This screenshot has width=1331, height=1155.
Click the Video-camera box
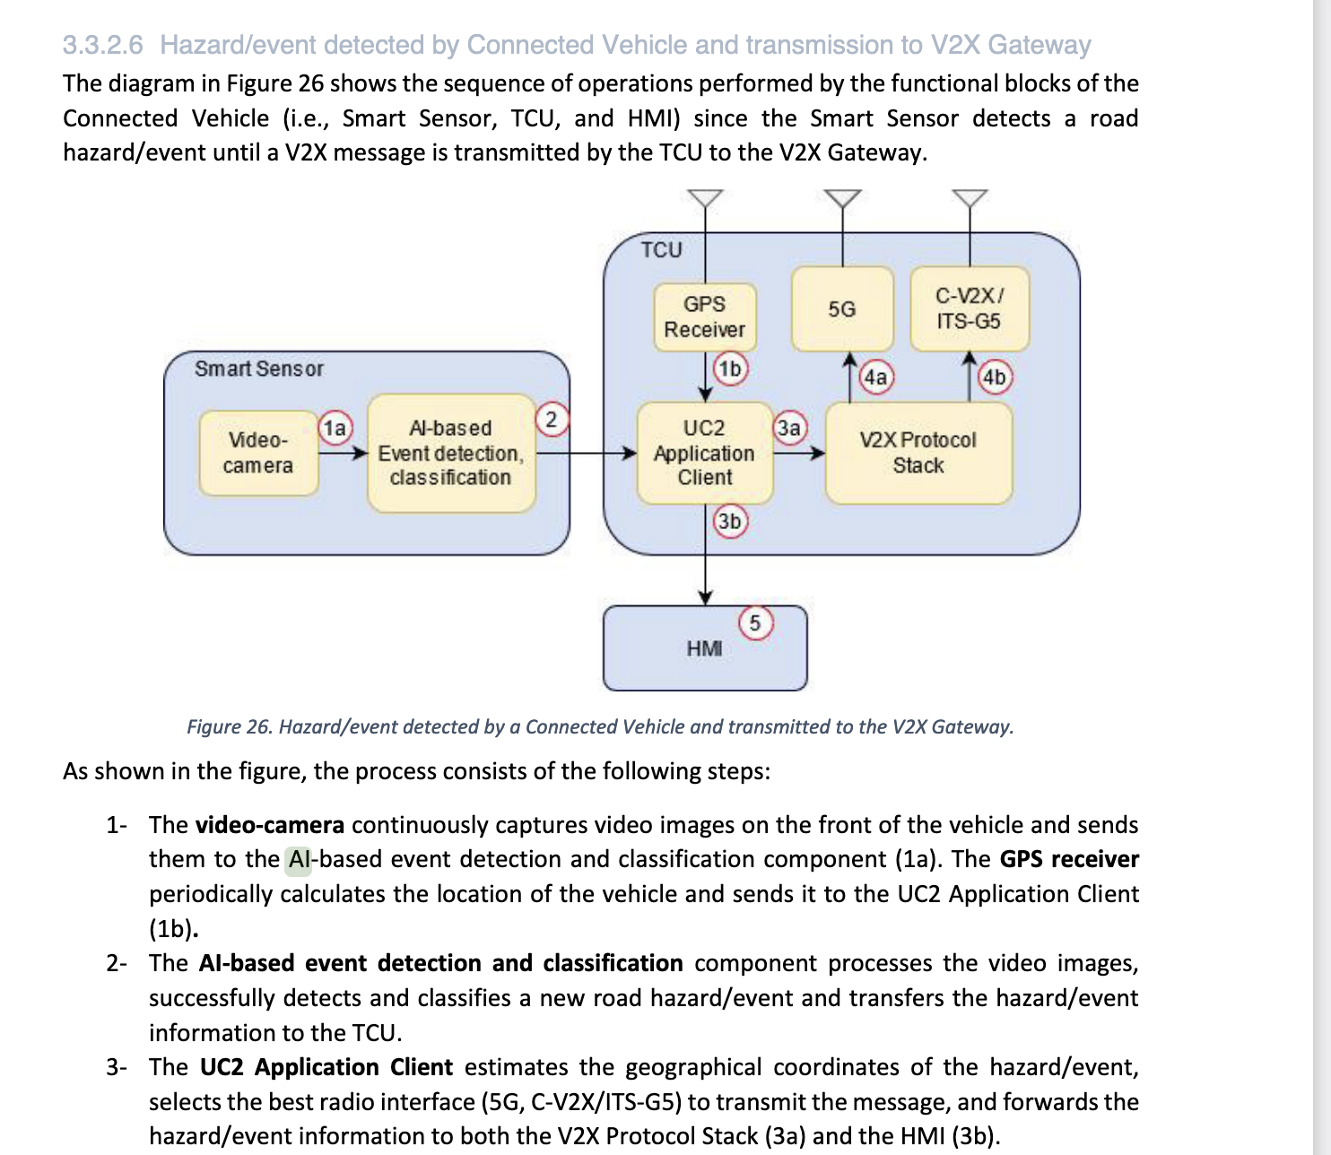click(258, 453)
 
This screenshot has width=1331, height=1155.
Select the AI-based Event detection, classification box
click(450, 453)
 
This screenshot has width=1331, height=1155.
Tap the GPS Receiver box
click(704, 317)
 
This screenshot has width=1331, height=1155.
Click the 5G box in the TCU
click(841, 308)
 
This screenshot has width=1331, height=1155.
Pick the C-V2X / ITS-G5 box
click(969, 308)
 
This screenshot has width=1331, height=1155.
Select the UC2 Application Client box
click(704, 453)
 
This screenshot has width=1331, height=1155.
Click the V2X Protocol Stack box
click(918, 453)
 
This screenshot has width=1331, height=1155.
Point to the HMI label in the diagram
click(704, 648)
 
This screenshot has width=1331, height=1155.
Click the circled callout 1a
click(335, 428)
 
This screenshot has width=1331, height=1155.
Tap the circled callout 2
click(552, 419)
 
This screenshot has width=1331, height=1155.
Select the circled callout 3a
click(789, 428)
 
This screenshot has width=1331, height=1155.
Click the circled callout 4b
click(994, 377)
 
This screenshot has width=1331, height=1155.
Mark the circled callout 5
click(755, 622)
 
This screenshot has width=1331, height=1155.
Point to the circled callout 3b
click(729, 521)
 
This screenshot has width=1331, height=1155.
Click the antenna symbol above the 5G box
click(841, 198)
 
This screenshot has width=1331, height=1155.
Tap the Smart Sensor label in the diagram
click(258, 369)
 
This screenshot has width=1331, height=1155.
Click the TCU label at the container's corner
click(661, 250)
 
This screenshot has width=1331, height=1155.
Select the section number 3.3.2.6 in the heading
click(102, 45)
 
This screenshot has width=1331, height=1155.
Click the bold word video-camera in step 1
click(269, 825)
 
